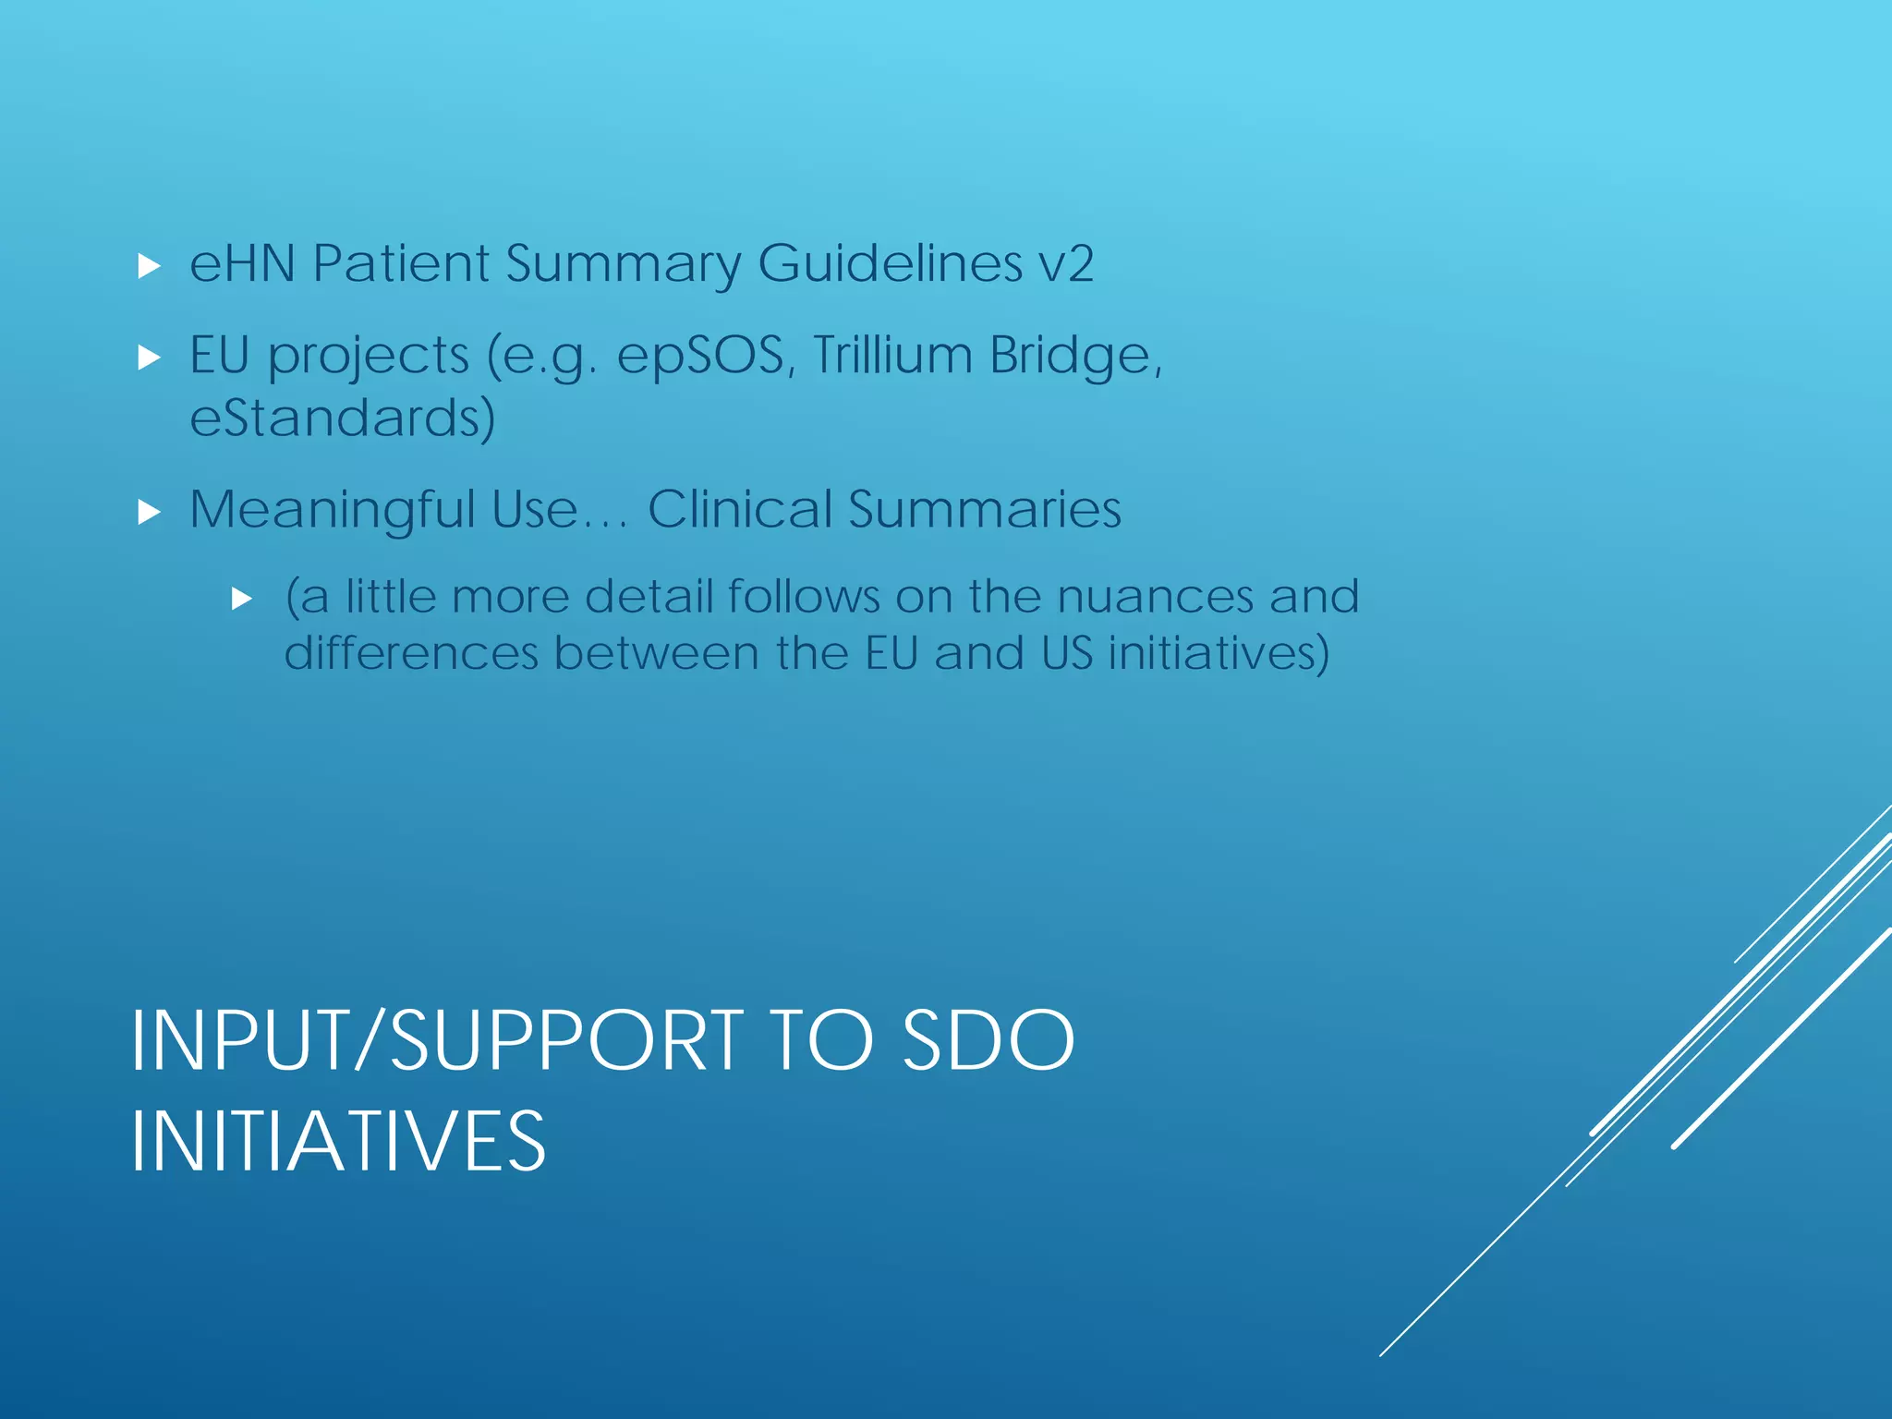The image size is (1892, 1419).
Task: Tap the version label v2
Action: click(1066, 263)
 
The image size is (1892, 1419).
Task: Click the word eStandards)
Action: click(343, 418)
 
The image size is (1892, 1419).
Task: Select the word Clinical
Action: click(739, 509)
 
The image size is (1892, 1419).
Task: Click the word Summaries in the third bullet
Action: click(985, 509)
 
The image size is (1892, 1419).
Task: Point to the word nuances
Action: click(1155, 596)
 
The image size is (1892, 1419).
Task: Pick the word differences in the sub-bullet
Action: click(411, 653)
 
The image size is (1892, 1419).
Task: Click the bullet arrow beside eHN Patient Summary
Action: click(149, 268)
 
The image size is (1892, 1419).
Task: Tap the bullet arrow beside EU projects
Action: click(149, 358)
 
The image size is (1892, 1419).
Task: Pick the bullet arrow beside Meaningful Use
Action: click(149, 513)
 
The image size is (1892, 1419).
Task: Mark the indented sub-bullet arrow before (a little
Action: click(242, 600)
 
